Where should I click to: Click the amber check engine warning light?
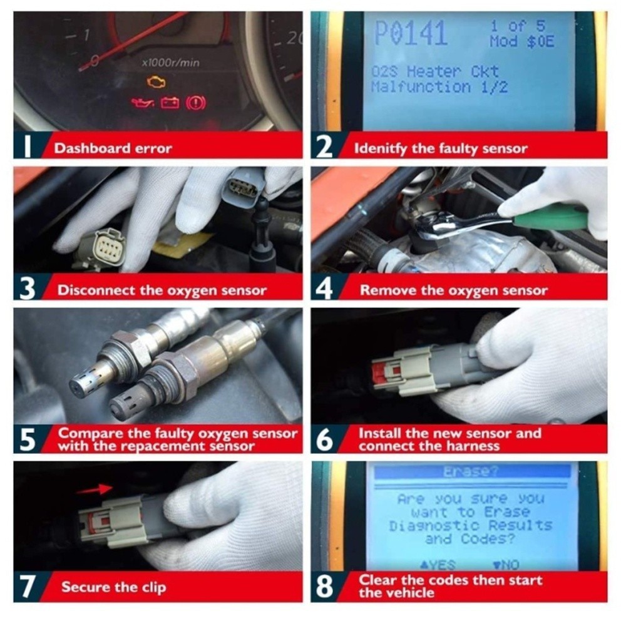[x=156, y=82]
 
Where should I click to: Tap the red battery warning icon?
[x=170, y=103]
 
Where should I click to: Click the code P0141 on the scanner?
[x=411, y=34]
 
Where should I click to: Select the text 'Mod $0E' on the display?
[x=521, y=43]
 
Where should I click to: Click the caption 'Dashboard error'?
[x=113, y=149]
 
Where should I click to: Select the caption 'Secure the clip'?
[x=113, y=587]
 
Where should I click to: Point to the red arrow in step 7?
[x=95, y=488]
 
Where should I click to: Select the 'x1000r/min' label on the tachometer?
[x=170, y=63]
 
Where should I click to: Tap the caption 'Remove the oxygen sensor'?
[x=453, y=290]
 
